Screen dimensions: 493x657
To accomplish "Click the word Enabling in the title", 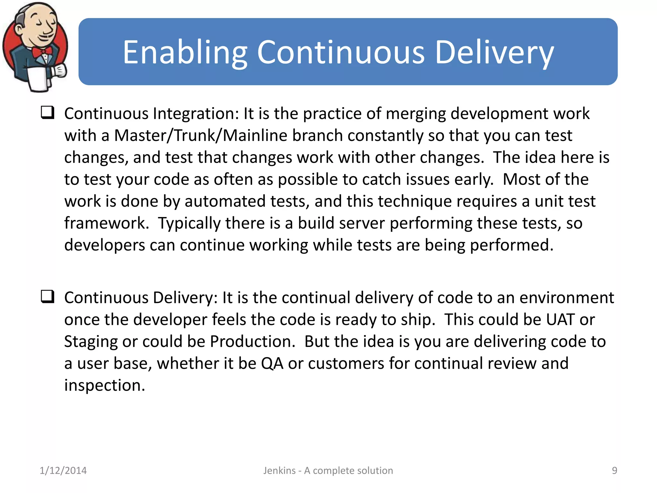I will click(x=185, y=52).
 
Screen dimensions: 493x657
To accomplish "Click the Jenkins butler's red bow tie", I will click(x=42, y=52).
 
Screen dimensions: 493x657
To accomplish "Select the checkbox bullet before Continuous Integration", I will click(x=47, y=113).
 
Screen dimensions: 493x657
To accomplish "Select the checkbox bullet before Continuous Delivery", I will click(x=47, y=297).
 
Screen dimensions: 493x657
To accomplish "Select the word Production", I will click(x=252, y=342).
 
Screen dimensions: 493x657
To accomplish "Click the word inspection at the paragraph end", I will click(x=104, y=385).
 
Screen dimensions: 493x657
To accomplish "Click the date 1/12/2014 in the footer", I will click(x=63, y=471).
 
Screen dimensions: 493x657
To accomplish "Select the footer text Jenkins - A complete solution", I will click(x=328, y=471).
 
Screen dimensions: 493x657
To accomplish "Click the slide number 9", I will click(x=614, y=471).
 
